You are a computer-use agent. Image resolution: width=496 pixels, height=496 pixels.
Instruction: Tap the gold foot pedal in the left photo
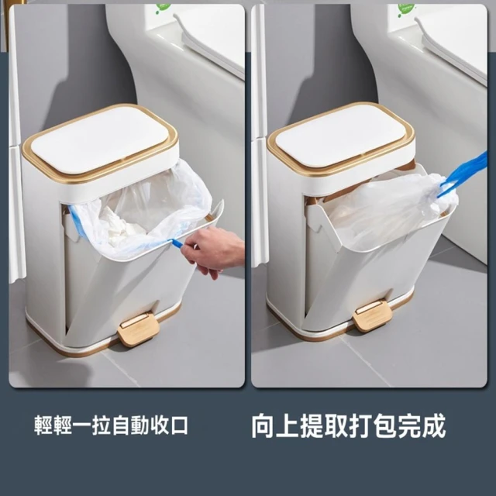tap(139, 329)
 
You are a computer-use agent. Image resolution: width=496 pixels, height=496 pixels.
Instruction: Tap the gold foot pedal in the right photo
tap(372, 314)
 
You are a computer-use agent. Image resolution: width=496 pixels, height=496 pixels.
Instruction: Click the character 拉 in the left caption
tap(102, 425)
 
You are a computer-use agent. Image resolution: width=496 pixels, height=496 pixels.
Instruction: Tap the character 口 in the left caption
tap(179, 425)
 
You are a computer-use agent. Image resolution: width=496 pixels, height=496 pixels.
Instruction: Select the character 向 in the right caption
tap(263, 425)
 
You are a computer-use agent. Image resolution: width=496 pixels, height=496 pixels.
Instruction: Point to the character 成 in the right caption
tap(434, 425)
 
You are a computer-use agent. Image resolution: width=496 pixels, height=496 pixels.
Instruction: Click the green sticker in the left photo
tap(163, 8)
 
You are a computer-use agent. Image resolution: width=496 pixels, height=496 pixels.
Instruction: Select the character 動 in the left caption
tap(140, 425)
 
